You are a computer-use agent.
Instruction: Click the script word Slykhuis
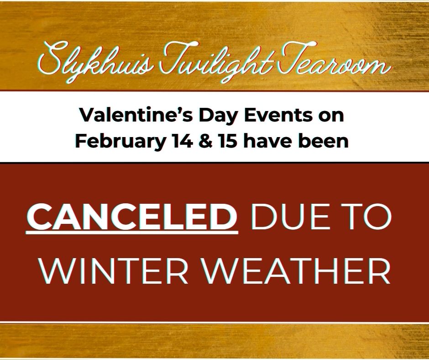(x=94, y=62)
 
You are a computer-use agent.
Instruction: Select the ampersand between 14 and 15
(x=205, y=141)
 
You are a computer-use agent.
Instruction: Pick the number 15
(x=227, y=141)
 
